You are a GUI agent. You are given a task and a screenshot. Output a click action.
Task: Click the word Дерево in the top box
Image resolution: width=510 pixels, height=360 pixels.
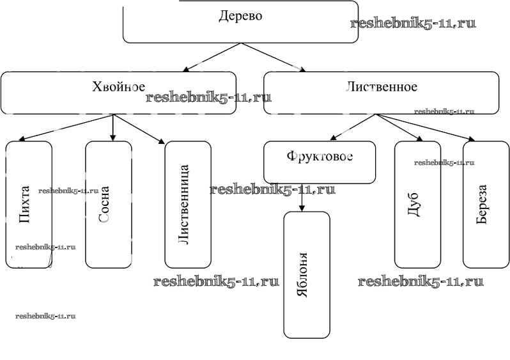(240, 16)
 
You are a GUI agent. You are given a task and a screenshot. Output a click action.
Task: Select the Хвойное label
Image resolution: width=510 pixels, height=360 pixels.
(118, 87)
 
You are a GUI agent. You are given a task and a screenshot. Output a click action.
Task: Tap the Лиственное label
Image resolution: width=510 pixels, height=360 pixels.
(382, 86)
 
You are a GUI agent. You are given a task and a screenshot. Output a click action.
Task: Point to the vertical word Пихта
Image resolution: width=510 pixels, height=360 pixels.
(25, 205)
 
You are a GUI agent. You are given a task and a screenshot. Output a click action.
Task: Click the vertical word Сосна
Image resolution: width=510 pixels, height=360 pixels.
(105, 205)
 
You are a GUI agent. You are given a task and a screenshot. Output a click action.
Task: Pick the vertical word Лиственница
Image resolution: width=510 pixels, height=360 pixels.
(185, 205)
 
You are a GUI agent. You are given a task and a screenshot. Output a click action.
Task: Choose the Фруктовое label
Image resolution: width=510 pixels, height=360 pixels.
(320, 156)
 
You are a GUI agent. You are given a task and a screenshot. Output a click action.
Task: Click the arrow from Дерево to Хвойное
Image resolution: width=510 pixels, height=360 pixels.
(211, 57)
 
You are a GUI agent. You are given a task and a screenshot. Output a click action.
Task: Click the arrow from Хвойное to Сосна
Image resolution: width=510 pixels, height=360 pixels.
(112, 127)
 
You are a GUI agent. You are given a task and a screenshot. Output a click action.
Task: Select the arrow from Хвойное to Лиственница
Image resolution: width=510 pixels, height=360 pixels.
(139, 128)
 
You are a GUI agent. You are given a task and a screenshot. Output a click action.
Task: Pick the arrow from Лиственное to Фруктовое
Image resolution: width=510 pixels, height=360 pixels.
(353, 127)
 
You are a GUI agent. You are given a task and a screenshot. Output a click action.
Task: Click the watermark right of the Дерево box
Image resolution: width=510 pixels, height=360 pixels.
(413, 24)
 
